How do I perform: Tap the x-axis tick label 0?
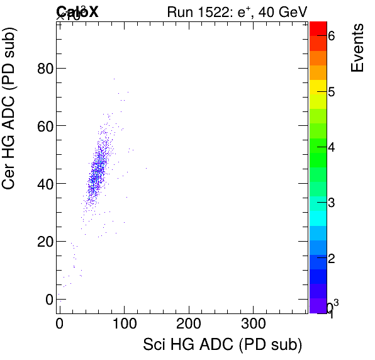click(x=59, y=324)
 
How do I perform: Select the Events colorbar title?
click(x=357, y=48)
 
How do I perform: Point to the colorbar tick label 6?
click(x=331, y=37)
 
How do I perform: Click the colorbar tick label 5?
click(x=331, y=93)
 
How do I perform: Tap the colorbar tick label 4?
click(x=331, y=148)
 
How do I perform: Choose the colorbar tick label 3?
click(x=331, y=203)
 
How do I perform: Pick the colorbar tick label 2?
click(x=331, y=259)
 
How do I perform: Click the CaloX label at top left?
click(x=77, y=11)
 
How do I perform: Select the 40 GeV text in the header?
click(x=279, y=12)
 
